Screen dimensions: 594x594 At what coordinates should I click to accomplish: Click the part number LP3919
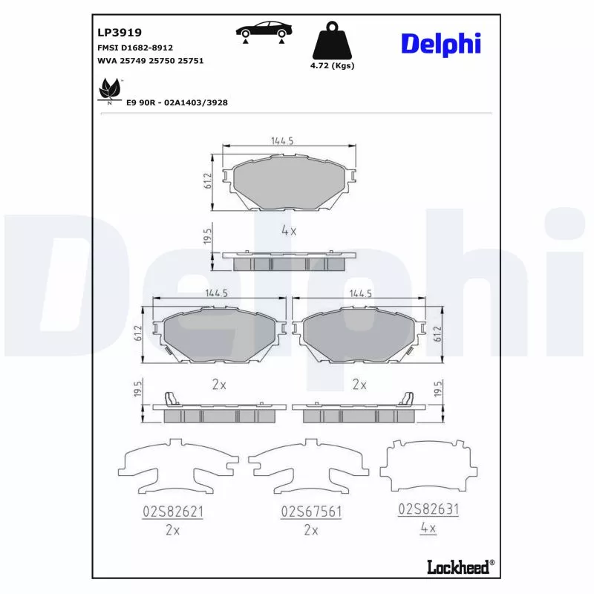[x=120, y=33]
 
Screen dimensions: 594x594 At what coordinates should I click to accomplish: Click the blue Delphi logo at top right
[x=441, y=43]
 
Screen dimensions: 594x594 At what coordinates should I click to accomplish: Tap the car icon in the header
[x=264, y=31]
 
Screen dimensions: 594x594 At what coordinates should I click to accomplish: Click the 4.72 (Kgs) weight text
[x=332, y=66]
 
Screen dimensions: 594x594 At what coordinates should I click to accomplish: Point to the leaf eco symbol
[x=110, y=90]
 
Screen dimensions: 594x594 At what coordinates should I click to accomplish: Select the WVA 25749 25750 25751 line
[x=151, y=61]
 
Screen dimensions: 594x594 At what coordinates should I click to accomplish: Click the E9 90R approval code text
[x=177, y=102]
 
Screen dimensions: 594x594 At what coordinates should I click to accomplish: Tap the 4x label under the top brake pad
[x=289, y=231]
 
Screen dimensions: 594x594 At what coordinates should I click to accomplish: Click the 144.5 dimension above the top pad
[x=281, y=140]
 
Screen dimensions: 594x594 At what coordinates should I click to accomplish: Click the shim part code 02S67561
[x=310, y=512]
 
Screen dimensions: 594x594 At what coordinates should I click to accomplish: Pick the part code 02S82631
[x=428, y=509]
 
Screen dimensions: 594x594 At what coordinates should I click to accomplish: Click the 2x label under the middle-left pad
[x=219, y=385]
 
